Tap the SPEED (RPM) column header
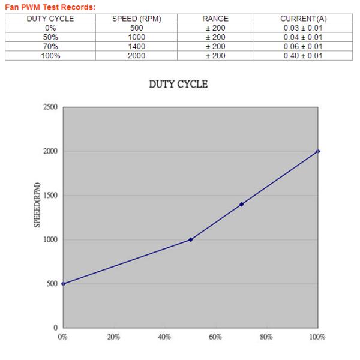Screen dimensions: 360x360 pos(137,19)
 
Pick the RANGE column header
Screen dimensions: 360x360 pos(215,19)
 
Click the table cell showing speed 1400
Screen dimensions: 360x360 pos(137,46)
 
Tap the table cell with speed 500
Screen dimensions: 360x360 pos(137,28)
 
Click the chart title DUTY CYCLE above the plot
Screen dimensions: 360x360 pos(178,85)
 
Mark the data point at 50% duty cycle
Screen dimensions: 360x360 pos(190,239)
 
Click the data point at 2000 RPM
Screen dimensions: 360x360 pos(318,151)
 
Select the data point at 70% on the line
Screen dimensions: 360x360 pos(241,204)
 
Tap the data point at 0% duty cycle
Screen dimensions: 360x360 pos(63,284)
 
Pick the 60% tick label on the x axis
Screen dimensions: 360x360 pos(215,337)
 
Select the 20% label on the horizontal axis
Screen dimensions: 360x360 pos(113,337)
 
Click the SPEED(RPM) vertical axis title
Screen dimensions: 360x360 pos(36,205)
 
